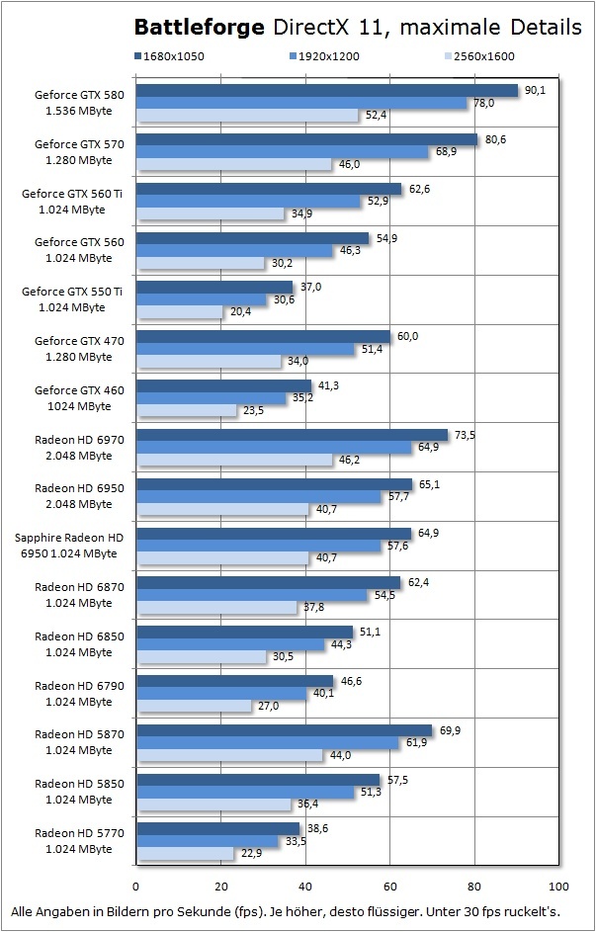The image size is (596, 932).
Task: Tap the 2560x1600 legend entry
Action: pyautogui.click(x=481, y=56)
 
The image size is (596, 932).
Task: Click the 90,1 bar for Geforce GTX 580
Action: pyautogui.click(x=326, y=91)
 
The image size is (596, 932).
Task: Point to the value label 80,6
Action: pyautogui.click(x=495, y=139)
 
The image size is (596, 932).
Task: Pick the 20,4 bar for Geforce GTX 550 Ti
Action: pyautogui.click(x=179, y=311)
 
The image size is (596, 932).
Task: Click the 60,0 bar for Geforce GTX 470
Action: pyautogui.click(x=262, y=336)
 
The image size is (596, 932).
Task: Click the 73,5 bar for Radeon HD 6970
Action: pyautogui.click(x=291, y=435)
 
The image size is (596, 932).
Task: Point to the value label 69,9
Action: pyautogui.click(x=450, y=729)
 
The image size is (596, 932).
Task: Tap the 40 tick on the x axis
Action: pyautogui.click(x=305, y=885)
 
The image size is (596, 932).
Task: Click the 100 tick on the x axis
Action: pyautogui.click(x=558, y=885)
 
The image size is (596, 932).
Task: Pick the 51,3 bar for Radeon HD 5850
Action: pyautogui.click(x=244, y=792)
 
